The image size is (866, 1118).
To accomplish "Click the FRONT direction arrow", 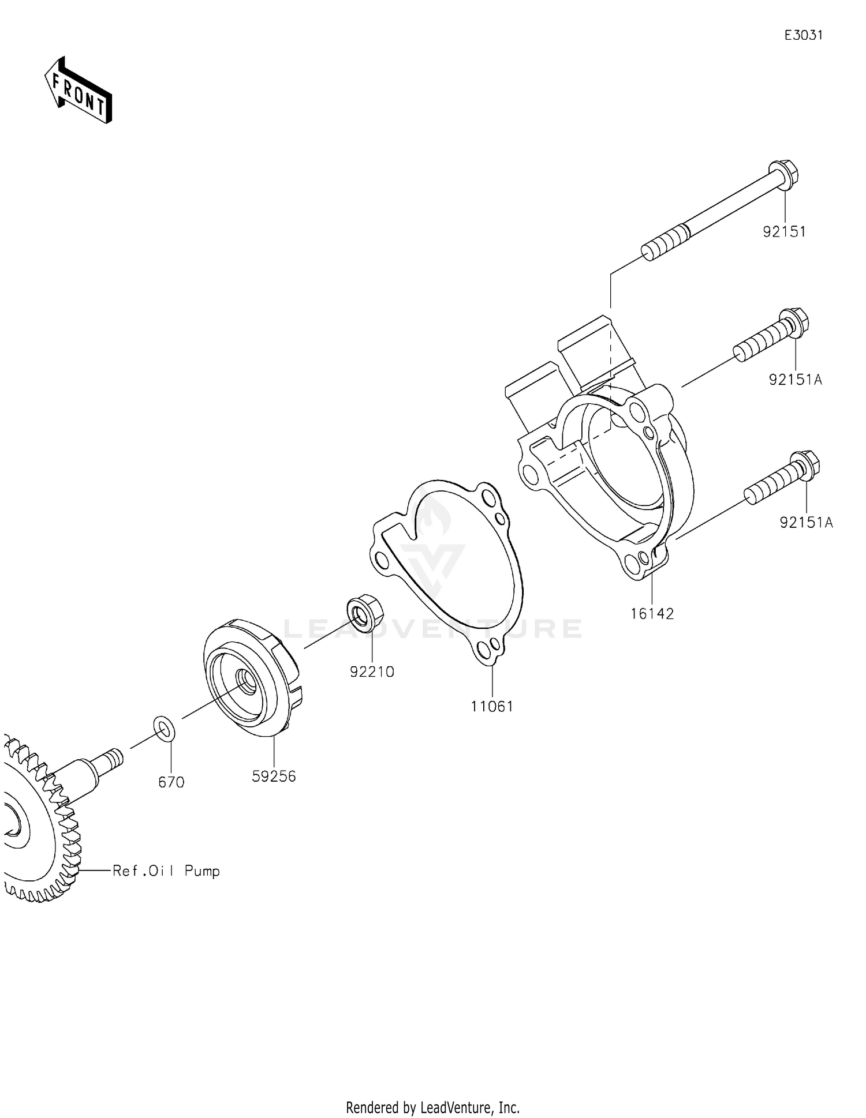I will pos(79,91).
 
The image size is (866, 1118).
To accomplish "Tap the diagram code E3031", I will pos(803,35).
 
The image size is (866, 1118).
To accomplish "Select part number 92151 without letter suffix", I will pos(784,232).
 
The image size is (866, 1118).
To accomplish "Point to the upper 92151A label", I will pos(795,380).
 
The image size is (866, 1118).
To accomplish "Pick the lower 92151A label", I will pos(806,523).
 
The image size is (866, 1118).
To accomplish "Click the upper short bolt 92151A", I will pos(771,335).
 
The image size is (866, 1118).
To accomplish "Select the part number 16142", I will pos(652,614).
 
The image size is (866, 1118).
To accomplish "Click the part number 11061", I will pos(492,706).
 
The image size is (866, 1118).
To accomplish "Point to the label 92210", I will pos(372,671).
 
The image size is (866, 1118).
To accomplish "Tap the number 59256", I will pos(274,776).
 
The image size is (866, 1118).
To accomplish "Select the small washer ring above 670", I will pos(164,728).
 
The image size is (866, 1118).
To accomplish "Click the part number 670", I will pos(171,782).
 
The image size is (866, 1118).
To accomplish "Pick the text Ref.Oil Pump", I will pos(166,871).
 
